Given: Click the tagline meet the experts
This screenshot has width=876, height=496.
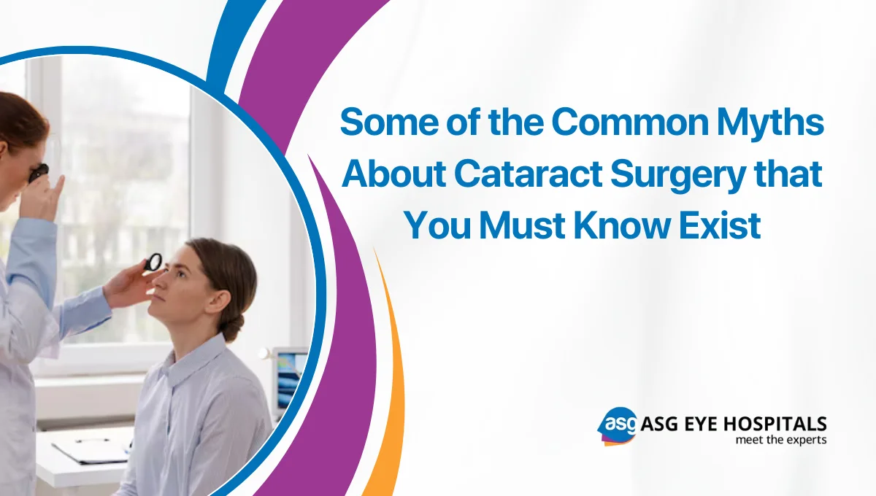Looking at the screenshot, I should [x=780, y=440].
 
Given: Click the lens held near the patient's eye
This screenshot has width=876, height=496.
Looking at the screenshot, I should [x=154, y=261].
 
